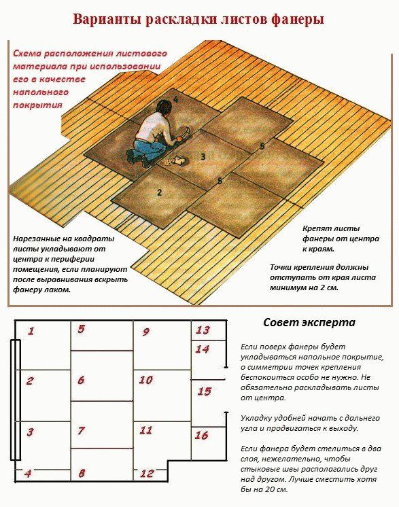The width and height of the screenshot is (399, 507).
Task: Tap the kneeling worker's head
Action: pos(162,107)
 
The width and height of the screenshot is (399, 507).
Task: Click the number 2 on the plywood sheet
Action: pos(159,192)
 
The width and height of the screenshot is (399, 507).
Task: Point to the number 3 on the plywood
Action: pos(203,157)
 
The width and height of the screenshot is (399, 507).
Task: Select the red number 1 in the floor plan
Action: pos(31,332)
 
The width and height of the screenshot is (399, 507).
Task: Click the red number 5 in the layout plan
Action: pos(81,330)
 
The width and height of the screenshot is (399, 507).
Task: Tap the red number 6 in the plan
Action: pos(81,381)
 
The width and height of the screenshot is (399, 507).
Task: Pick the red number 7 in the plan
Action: pos(81,431)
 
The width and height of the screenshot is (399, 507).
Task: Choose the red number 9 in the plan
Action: pos(145,332)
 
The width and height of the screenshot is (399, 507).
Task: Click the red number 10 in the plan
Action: pos(145,380)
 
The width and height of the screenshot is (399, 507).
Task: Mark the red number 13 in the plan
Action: pos(203,330)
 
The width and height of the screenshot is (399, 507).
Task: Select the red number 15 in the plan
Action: pos(204,391)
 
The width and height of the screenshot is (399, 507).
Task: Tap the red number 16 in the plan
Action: pos(201,436)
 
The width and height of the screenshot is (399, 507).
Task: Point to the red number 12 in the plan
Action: pos(147,474)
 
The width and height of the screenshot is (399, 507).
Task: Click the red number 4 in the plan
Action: pos(27,474)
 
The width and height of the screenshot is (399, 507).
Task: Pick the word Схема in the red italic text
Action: pos(27,53)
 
